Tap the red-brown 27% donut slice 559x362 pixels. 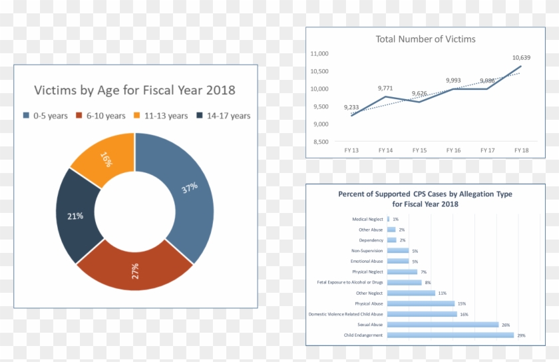coord(135,270)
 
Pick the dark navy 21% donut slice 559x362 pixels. coord(75,216)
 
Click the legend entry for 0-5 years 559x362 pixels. coord(45,116)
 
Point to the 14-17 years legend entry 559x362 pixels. coord(224,116)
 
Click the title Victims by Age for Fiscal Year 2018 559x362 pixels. coord(134,90)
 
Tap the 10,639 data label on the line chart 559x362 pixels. coord(521,58)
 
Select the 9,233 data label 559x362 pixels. coord(352,107)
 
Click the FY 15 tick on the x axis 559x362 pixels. coord(419,150)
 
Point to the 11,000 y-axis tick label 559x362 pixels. coord(320,54)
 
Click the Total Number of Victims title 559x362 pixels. coord(425,39)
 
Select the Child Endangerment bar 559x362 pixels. coord(451,335)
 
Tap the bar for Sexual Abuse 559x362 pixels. coord(443,325)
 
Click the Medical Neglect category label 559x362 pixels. coord(367,219)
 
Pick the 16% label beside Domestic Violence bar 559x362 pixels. coord(464,314)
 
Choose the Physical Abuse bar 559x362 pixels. coord(420,303)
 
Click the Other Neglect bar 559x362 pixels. coord(411,293)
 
